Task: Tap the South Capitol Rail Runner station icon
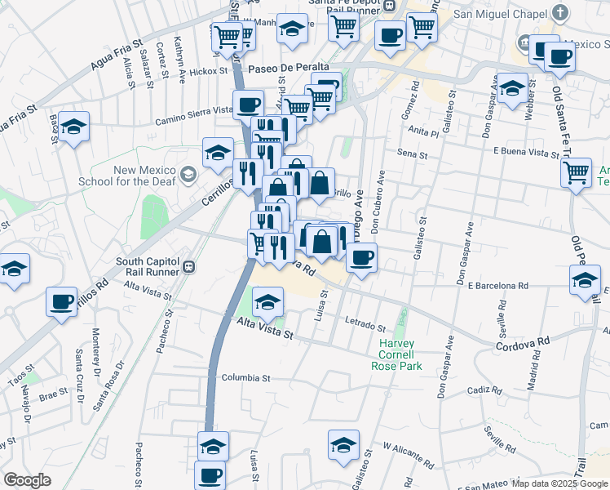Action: pyautogui.click(x=188, y=267)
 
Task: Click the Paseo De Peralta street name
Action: pyautogui.click(x=289, y=67)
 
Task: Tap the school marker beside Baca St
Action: pyautogui.click(x=74, y=127)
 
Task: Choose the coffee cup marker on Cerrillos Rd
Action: pyautogui.click(x=61, y=301)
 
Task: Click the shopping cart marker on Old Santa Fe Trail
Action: pyautogui.click(x=577, y=172)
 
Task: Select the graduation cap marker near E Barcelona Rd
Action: pyautogui.click(x=585, y=280)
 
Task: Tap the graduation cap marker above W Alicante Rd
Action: pyautogui.click(x=344, y=445)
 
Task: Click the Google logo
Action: pyautogui.click(x=27, y=480)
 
